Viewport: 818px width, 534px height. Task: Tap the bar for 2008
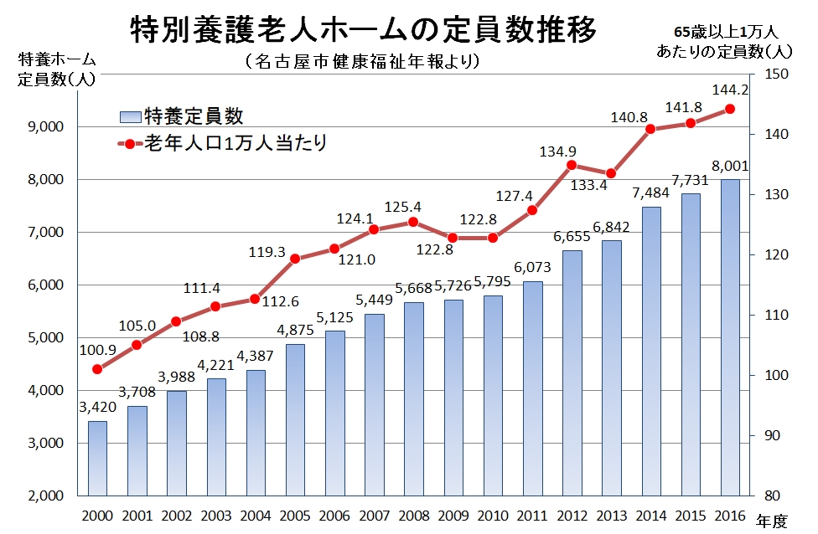[413, 398]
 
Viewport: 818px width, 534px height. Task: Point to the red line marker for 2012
[572, 165]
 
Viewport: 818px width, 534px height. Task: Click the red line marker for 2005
[295, 259]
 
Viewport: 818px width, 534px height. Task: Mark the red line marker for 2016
[729, 109]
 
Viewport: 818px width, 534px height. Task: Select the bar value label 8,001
[729, 166]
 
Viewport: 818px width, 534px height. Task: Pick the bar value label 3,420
[97, 408]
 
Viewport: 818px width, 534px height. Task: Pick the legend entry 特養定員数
[193, 116]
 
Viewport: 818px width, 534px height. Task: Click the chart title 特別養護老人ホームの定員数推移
[364, 30]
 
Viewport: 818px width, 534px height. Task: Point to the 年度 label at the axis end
[772, 521]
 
